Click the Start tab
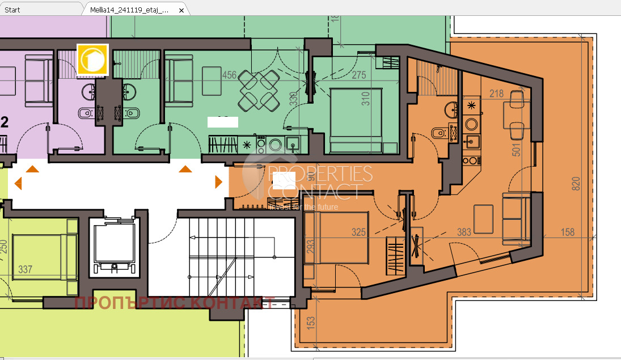[12, 10]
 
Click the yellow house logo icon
[92, 60]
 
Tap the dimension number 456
[229, 75]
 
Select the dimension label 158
[567, 232]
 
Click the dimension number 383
[464, 231]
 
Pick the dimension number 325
[358, 232]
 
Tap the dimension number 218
[496, 94]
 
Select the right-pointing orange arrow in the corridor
[218, 182]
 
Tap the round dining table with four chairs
[258, 90]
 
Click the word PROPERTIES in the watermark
[319, 173]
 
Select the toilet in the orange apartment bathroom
[438, 133]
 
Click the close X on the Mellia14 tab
[181, 10]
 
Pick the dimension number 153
[311, 323]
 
